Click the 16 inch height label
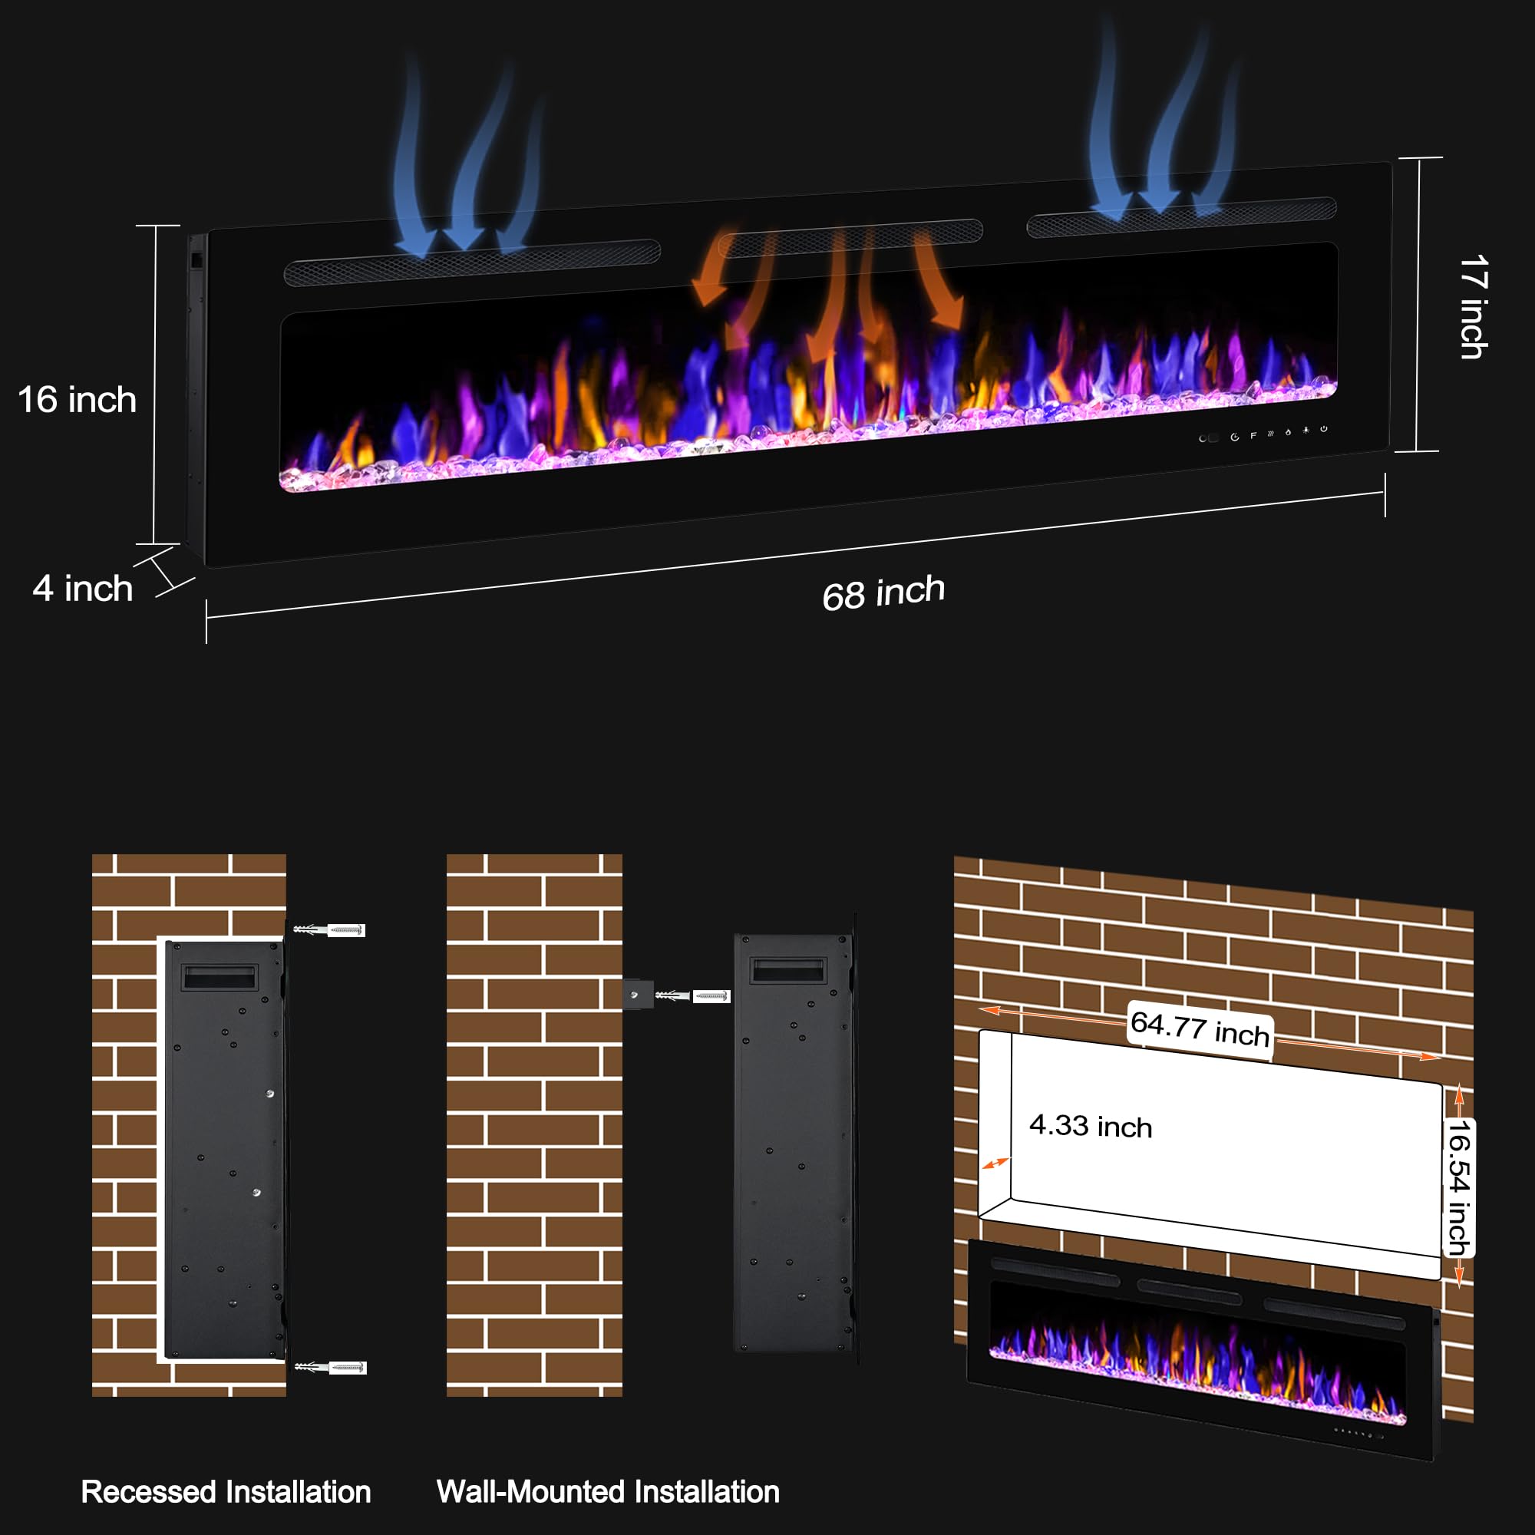pos(77,400)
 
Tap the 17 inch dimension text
pos(1474,307)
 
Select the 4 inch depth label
pos(83,589)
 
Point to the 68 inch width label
pos(883,593)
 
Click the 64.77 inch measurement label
pos(1200,1029)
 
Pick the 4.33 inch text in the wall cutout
pos(1090,1126)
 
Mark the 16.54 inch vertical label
pos(1459,1188)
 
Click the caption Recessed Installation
pos(226,1491)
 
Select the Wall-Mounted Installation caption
pos(608,1491)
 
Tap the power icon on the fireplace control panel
pos(1324,429)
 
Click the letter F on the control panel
pos(1253,435)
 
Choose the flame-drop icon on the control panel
pos(1288,432)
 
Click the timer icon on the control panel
pos(1235,437)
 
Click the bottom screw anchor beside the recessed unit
pos(331,1368)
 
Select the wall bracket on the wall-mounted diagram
pos(638,994)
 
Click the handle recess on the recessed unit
pos(220,976)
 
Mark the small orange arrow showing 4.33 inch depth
pos(995,1164)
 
